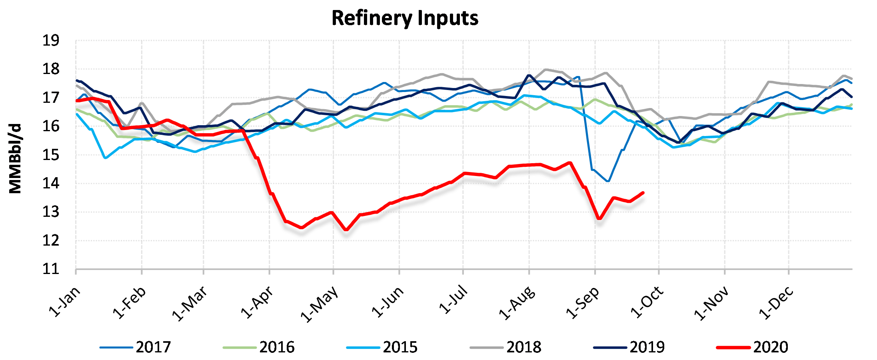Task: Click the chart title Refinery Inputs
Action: coord(405,18)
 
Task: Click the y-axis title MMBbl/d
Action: coord(15,159)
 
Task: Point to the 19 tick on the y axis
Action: coord(51,41)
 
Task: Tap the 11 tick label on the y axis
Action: coord(51,269)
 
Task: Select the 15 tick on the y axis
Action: coord(51,155)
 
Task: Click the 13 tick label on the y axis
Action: coord(51,212)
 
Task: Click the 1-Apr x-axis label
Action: coord(258,302)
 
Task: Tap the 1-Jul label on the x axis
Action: coord(453,300)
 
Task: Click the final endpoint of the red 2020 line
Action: coord(643,193)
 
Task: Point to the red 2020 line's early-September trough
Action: coord(599,218)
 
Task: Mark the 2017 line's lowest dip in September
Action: coord(608,181)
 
